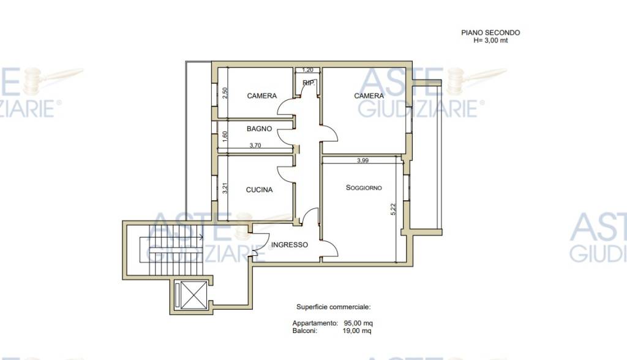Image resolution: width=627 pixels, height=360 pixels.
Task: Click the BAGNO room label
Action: (x=259, y=129)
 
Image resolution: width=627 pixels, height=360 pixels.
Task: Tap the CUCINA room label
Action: (x=259, y=190)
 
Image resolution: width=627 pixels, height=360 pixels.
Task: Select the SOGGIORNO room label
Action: (x=364, y=187)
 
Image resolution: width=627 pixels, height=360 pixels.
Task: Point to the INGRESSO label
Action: (x=290, y=245)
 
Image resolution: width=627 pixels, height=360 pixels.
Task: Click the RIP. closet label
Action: (x=309, y=83)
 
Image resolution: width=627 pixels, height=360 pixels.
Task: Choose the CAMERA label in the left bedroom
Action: (x=262, y=96)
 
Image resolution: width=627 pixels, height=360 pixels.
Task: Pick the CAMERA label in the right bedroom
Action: (x=369, y=96)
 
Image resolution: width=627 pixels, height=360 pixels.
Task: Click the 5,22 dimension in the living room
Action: (x=392, y=209)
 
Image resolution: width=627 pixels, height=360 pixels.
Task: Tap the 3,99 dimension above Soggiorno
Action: (x=362, y=161)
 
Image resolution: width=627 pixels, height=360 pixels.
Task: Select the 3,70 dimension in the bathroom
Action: (x=255, y=146)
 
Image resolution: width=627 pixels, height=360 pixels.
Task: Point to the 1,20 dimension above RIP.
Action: (x=307, y=70)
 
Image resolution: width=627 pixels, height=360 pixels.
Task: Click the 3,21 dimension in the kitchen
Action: (x=225, y=188)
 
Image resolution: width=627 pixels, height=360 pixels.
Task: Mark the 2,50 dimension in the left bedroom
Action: (x=225, y=93)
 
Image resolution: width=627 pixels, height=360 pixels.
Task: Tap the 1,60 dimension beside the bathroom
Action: (x=225, y=137)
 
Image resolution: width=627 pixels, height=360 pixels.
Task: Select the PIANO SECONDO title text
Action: (x=490, y=33)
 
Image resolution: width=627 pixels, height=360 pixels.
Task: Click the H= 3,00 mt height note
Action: (x=490, y=40)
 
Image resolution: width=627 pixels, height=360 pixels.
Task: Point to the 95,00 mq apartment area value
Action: (x=358, y=323)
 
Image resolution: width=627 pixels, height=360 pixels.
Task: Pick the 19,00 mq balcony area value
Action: (x=357, y=331)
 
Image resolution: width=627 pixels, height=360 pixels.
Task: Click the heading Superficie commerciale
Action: (x=334, y=307)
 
